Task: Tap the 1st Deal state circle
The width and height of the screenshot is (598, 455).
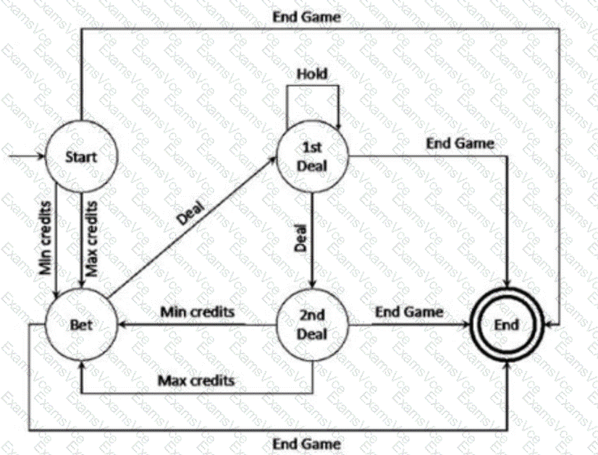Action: pyautogui.click(x=313, y=158)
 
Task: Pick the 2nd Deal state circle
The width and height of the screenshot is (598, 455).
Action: pyautogui.click(x=313, y=326)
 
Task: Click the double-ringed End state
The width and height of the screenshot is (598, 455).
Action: pyautogui.click(x=507, y=325)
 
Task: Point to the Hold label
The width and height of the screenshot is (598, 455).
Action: pyautogui.click(x=312, y=74)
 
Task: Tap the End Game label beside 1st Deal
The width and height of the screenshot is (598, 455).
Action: pyautogui.click(x=460, y=143)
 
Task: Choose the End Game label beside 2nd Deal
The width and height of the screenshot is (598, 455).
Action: pyautogui.click(x=409, y=312)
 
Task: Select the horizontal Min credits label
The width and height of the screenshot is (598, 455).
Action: pyautogui.click(x=197, y=312)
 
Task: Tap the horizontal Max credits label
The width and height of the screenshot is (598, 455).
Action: pyautogui.click(x=197, y=378)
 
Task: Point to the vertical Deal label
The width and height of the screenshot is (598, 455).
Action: pyautogui.click(x=301, y=237)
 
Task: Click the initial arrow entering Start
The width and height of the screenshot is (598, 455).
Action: pyautogui.click(x=25, y=155)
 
